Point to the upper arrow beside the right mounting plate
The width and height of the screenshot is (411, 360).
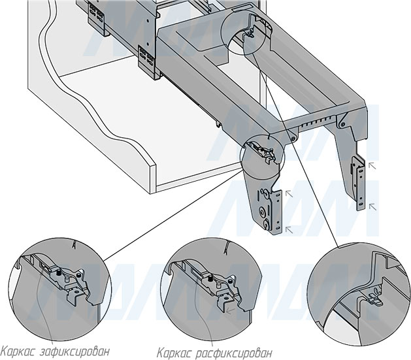[372, 167]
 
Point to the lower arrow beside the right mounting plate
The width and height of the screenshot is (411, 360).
[372, 207]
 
